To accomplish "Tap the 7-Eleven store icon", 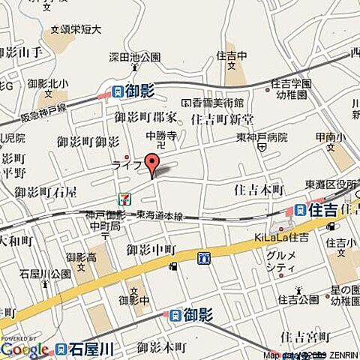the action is point(124,198).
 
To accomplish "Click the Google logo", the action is point(25,349).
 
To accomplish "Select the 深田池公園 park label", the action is point(134,57).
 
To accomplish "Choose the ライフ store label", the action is point(126,165).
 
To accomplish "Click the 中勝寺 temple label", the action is point(160,136).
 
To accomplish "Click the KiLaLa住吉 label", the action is point(281,238).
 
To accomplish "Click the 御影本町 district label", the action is point(161,346).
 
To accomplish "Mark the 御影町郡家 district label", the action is point(145,117).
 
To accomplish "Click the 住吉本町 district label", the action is point(259,189).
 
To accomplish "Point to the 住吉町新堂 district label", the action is point(222,119).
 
